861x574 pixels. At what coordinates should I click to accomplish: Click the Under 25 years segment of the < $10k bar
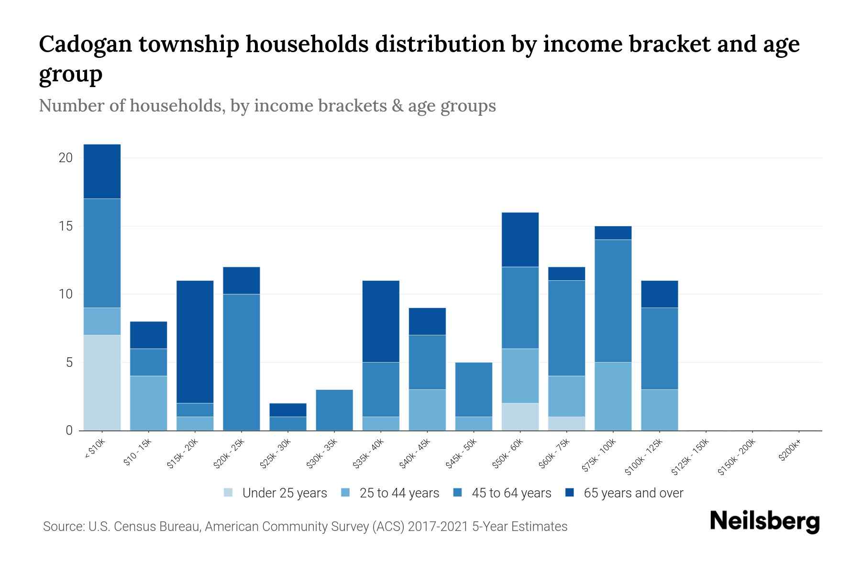click(x=102, y=383)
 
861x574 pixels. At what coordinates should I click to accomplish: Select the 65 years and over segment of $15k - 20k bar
click(x=195, y=342)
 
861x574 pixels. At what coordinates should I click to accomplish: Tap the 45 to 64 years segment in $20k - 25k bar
click(x=242, y=362)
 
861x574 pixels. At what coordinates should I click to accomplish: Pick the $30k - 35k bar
click(x=334, y=410)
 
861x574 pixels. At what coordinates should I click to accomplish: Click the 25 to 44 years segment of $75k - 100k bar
click(x=613, y=396)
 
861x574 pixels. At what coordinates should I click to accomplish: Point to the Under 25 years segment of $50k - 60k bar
click(x=520, y=417)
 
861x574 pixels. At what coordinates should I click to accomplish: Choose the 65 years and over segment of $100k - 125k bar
click(x=659, y=294)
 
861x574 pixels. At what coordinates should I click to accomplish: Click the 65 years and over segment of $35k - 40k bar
click(x=381, y=321)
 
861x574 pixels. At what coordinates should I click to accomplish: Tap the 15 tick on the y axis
click(x=66, y=226)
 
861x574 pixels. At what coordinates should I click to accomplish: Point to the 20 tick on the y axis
click(x=66, y=157)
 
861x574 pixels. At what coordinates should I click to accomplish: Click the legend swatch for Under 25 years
click(x=229, y=493)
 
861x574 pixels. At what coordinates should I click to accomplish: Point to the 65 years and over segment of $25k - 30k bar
click(x=288, y=410)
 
